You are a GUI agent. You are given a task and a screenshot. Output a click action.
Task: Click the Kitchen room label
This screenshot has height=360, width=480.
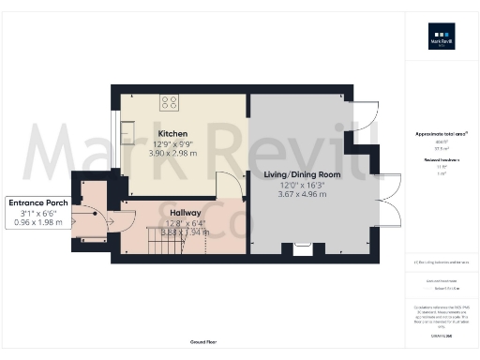coord(173,134)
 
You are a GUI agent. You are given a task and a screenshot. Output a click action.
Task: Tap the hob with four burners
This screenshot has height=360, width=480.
coord(170,102)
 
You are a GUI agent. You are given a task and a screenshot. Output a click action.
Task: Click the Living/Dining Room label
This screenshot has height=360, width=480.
coord(302,174)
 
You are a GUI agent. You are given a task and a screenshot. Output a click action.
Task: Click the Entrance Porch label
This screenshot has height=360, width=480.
coord(36,202)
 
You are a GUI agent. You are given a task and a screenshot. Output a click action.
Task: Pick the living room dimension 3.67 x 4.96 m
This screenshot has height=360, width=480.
coord(302,194)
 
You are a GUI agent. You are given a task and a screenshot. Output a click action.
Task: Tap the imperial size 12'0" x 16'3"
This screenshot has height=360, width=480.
coord(302,185)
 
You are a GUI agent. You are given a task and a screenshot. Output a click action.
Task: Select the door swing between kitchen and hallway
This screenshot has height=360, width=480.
coord(230,187)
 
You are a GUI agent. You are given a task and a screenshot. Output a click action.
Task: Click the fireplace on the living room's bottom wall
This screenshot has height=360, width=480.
coord(303,248)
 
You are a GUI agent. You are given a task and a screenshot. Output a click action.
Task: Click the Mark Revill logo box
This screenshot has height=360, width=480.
coord(442,40)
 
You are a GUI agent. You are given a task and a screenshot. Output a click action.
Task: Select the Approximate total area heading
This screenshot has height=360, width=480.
coord(441,133)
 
